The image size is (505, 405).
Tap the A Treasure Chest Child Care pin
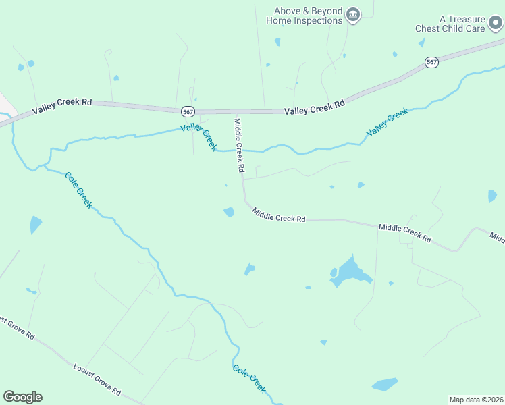point(496,24)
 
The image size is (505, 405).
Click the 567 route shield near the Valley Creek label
point(188,111)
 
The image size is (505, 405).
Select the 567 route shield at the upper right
point(432,62)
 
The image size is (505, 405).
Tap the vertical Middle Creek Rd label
point(238,144)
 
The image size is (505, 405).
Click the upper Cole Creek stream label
point(78,190)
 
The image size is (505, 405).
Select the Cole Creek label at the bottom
point(250,379)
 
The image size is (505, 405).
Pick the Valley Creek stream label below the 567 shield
point(199,137)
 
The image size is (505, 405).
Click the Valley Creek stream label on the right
point(388,124)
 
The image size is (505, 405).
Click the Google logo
point(22,397)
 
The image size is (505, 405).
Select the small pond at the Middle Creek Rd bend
point(229,212)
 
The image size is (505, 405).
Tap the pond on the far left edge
point(35,224)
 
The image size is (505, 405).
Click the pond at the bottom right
point(385,385)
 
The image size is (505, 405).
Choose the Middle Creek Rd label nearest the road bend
point(279,215)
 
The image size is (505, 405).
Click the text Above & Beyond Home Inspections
point(304,16)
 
